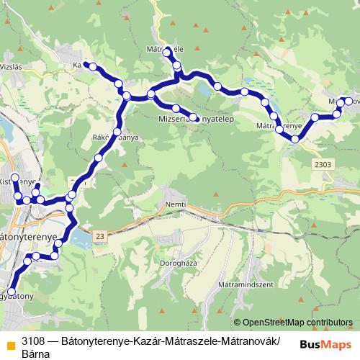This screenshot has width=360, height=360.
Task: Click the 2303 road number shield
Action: coord(324,165)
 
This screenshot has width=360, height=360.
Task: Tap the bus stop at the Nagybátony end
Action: coord(11,291)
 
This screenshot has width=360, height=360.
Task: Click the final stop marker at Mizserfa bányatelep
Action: coord(194,117)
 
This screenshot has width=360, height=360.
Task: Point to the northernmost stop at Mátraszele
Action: coord(167,51)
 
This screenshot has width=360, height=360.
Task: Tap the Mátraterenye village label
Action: coord(278,125)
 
